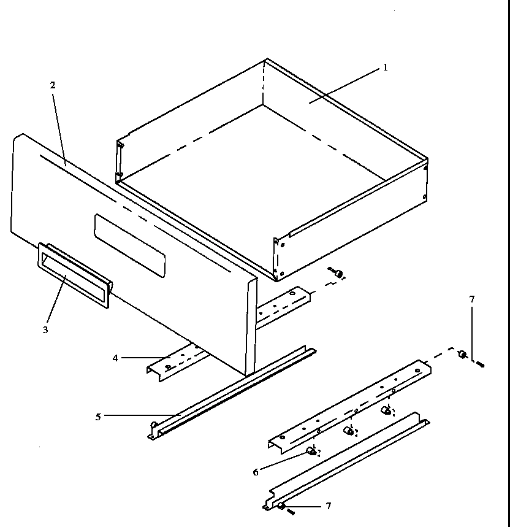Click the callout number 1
click(x=386, y=67)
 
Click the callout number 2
click(x=53, y=85)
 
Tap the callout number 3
click(x=45, y=329)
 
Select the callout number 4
click(x=115, y=357)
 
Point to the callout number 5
click(x=98, y=417)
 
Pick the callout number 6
click(x=256, y=472)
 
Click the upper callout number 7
click(x=472, y=299)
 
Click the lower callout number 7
click(x=329, y=506)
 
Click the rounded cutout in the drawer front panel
click(x=129, y=244)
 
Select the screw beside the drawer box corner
click(x=335, y=272)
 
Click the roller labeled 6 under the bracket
click(x=312, y=452)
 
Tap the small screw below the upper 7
click(x=481, y=364)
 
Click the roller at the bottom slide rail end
click(x=281, y=506)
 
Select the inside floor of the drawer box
click(x=257, y=172)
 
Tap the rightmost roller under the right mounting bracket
click(x=386, y=410)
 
